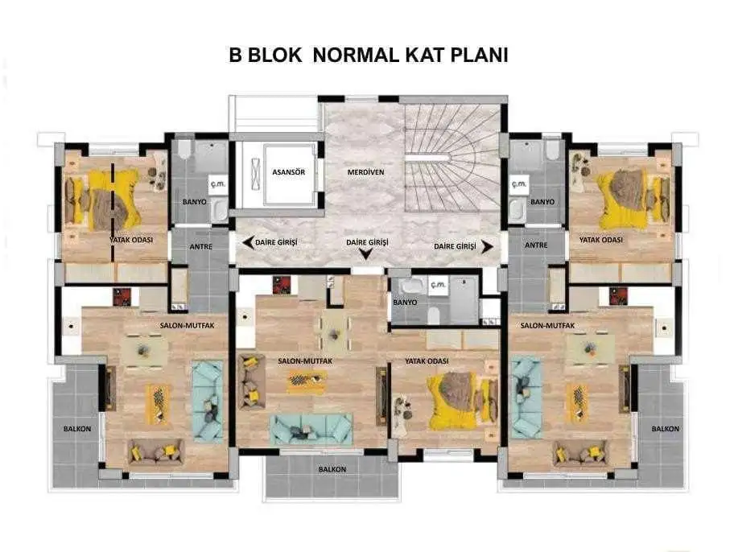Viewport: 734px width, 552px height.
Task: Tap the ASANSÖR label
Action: (288, 172)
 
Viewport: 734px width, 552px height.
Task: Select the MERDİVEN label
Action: (365, 172)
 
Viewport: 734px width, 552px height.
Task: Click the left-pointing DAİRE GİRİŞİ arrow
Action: (249, 243)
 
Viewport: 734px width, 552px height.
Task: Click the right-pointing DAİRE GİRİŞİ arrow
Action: (487, 247)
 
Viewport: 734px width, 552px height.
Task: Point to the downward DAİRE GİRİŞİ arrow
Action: (365, 253)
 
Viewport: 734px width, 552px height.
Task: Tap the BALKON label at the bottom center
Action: (332, 469)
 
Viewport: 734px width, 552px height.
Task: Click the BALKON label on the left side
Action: (77, 429)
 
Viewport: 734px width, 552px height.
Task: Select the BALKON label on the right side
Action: (665, 429)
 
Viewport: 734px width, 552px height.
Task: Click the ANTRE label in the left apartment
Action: (201, 247)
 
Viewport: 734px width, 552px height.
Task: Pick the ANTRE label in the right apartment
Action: (536, 245)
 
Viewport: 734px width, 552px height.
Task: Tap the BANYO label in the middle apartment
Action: (405, 303)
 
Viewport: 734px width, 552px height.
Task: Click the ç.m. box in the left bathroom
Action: (217, 183)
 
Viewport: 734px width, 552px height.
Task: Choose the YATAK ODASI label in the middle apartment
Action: (427, 361)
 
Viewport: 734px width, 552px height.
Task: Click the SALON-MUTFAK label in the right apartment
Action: (547, 325)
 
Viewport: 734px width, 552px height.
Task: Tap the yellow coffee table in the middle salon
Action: (307, 381)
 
